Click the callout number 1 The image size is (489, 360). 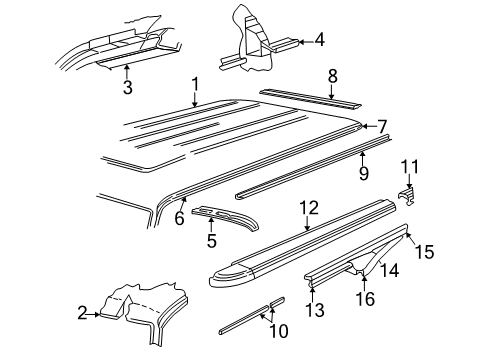pos(195,85)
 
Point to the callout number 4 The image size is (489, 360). pos(319,41)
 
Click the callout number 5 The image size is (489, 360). pos(211,240)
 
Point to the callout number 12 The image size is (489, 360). pos(308,207)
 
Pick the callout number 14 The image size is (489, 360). pos(393,269)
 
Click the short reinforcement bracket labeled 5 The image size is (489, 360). pos(222,215)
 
